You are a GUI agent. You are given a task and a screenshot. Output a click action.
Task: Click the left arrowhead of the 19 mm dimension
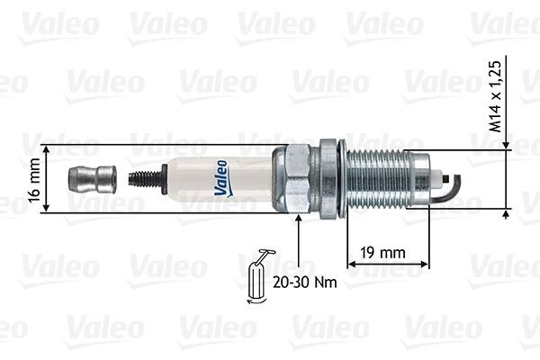click(351, 264)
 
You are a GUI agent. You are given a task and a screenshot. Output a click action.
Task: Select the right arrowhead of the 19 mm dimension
click(424, 264)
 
